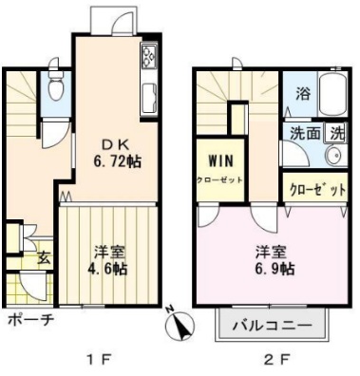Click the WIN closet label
219,167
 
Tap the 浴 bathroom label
301,95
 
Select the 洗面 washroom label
304,134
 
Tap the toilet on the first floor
56,90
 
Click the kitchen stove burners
150,59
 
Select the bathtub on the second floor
334,95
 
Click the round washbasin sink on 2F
333,156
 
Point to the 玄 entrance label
44,256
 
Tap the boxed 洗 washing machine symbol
336,134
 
